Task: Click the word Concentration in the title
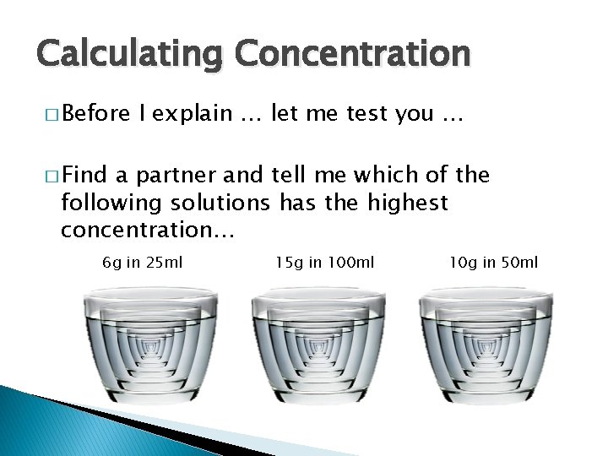[352, 54]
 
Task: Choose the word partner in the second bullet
[173, 176]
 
